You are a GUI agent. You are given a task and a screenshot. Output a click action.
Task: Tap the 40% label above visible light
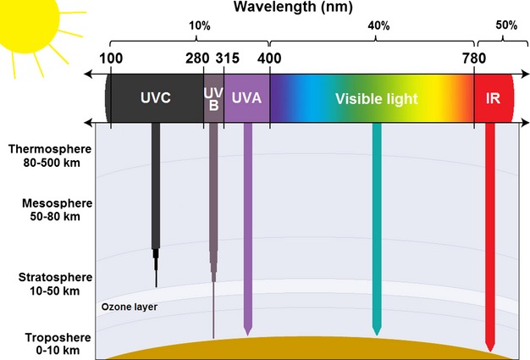point(378,26)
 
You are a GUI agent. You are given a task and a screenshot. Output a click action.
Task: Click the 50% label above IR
point(506,26)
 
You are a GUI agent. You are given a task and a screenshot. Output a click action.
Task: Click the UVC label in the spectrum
point(156,98)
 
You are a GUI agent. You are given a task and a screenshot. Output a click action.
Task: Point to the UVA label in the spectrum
point(246,98)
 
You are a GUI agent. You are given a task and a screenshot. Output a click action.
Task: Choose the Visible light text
point(376,99)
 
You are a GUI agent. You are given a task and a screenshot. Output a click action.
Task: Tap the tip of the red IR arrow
point(489,348)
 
